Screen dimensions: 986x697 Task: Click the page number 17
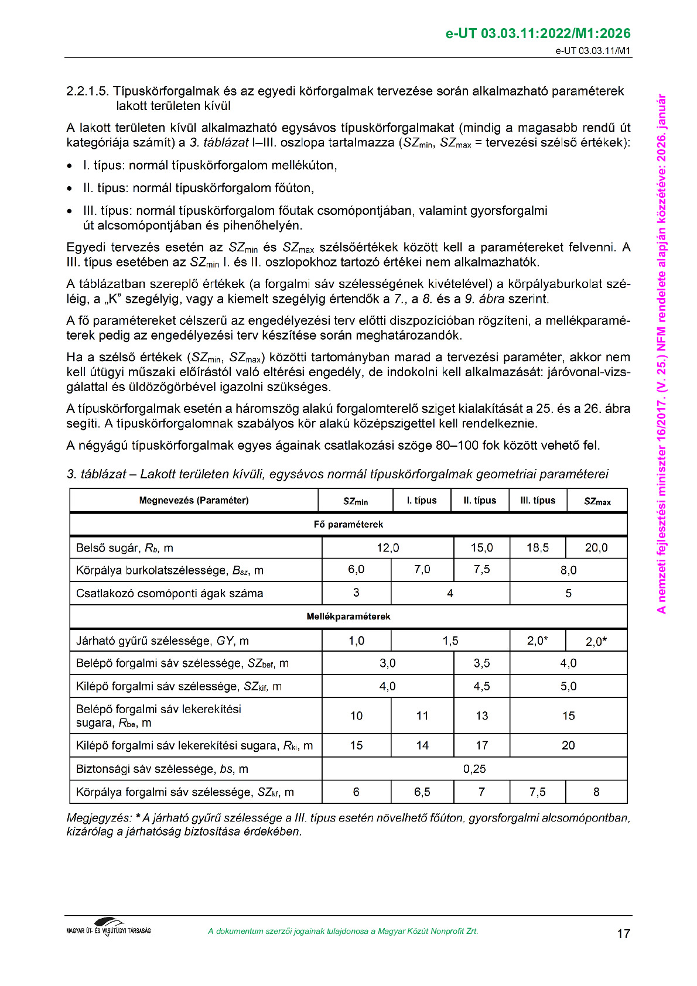tap(623, 933)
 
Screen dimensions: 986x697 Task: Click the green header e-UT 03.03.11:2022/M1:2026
tap(538, 33)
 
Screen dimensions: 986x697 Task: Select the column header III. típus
tap(538, 500)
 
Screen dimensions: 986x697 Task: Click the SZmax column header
tap(597, 501)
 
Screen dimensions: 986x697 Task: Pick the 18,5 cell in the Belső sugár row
tap(538, 547)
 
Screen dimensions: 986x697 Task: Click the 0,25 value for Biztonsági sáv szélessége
tap(474, 769)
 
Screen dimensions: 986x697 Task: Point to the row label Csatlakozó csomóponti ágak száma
tap(169, 593)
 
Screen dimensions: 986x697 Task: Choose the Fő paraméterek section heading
tap(348, 524)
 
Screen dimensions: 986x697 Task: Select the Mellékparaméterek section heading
tap(348, 617)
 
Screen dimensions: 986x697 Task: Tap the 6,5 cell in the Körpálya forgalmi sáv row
tap(422, 792)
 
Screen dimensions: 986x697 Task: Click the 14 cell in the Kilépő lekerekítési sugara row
tap(422, 745)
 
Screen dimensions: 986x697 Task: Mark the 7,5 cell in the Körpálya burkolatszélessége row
tap(481, 570)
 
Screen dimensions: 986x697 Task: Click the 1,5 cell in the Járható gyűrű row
tap(450, 641)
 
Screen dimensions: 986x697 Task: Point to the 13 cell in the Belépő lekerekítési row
tap(481, 715)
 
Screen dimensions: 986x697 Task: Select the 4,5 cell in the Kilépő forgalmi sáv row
tap(481, 686)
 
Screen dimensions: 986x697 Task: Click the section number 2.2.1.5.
tap(87, 91)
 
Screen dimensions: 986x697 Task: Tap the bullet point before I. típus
tap(70, 166)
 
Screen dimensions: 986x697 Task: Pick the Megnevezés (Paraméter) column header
tap(193, 500)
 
